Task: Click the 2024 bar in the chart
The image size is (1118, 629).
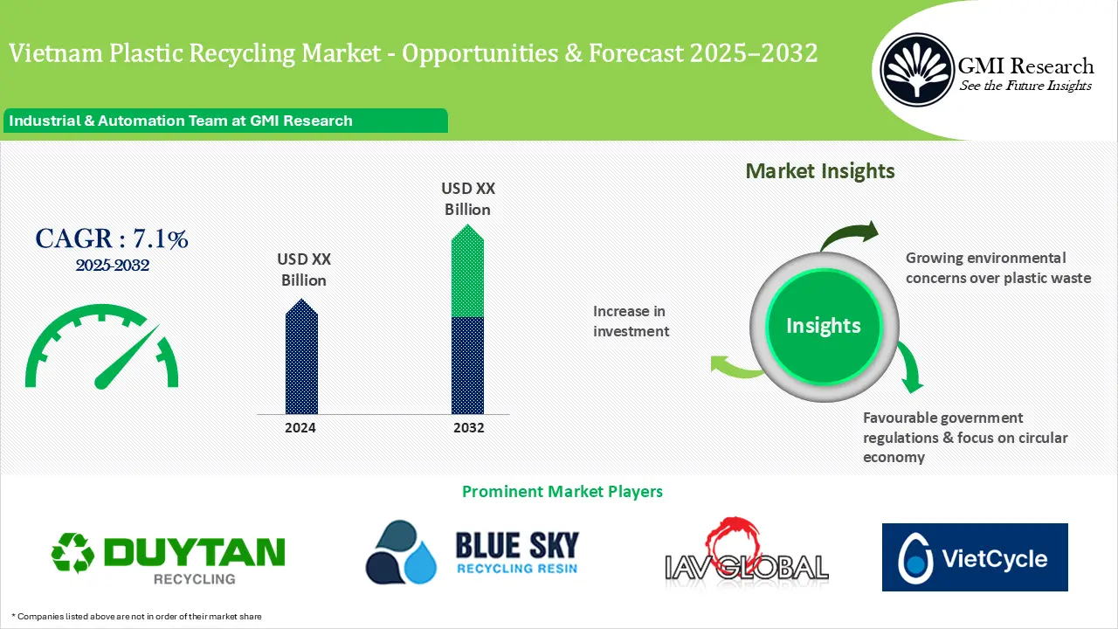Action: [x=301, y=358]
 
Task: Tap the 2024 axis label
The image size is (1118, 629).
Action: [x=300, y=428]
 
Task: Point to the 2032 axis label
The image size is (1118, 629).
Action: [x=468, y=428]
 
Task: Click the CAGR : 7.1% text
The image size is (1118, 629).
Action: [x=112, y=238]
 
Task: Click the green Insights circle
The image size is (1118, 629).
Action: [x=823, y=326]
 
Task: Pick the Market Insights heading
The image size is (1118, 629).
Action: [x=820, y=171]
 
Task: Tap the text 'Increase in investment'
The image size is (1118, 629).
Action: [x=631, y=321]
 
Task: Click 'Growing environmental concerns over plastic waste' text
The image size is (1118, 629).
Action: [x=997, y=268]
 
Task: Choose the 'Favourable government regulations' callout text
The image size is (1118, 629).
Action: [x=965, y=438]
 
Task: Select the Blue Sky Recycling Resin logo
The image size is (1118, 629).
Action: [x=472, y=551]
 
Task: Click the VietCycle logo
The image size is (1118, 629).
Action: [x=975, y=557]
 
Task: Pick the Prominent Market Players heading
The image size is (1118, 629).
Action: [x=562, y=492]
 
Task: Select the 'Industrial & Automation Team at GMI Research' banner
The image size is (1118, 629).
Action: [x=225, y=121]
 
